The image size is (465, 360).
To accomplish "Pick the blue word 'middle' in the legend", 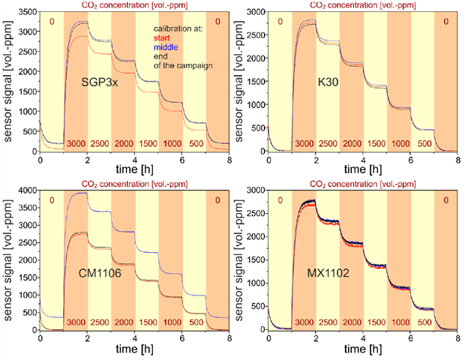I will (x=165, y=46).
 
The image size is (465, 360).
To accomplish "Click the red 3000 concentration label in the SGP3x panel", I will (x=76, y=144).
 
